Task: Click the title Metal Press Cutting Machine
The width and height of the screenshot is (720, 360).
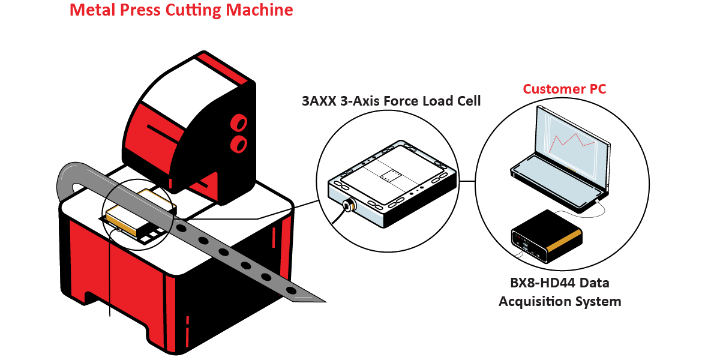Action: click(181, 10)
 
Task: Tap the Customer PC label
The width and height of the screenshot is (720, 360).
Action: click(564, 89)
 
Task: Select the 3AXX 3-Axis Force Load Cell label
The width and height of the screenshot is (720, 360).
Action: click(391, 101)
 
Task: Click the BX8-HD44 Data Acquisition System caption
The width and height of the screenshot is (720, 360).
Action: click(559, 292)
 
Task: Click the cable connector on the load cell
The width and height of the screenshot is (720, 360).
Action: click(346, 205)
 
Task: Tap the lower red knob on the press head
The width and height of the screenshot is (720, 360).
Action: click(239, 143)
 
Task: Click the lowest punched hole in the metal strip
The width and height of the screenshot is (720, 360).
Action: click(292, 290)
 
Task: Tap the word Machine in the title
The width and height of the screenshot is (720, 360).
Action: click(263, 10)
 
